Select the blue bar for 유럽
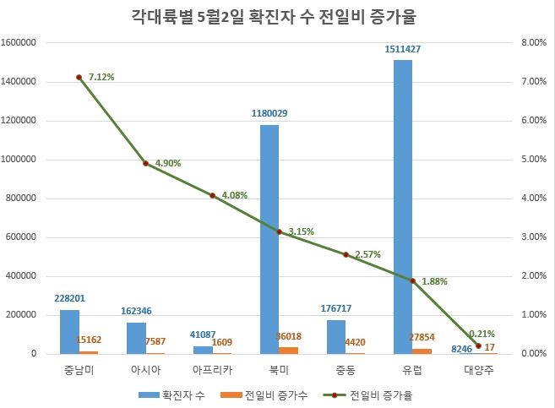[403, 206]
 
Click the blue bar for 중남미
[69, 331]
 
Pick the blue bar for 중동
[336, 336]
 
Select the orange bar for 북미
[289, 350]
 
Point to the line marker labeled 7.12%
[79, 77]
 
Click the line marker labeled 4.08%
[212, 195]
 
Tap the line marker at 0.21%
[478, 345]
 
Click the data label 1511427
[402, 49]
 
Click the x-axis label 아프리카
[212, 370]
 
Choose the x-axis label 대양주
[478, 370]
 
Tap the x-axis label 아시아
[145, 370]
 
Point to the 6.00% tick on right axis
[535, 121]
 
